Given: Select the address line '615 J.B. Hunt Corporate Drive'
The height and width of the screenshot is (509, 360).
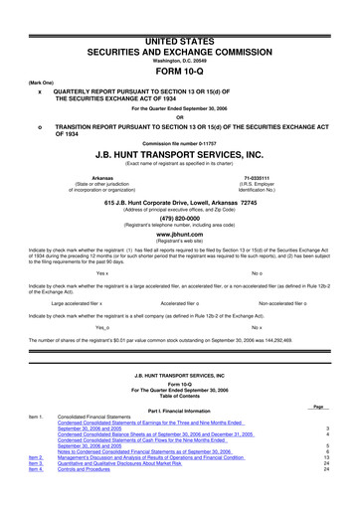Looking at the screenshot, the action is [179, 202].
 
